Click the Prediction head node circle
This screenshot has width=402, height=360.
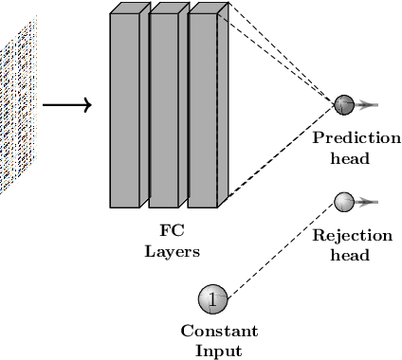[x=343, y=104]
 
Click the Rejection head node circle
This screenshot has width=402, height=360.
[x=343, y=201]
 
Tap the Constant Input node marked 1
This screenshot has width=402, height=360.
[x=212, y=299]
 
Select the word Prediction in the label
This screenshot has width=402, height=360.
[x=356, y=138]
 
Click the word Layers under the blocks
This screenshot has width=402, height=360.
[x=173, y=250]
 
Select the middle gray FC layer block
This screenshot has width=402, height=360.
[x=163, y=110]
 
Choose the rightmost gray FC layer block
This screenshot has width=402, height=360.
[x=202, y=110]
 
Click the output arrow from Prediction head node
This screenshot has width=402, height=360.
[x=368, y=104]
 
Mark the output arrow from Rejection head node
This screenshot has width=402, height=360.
[x=368, y=201]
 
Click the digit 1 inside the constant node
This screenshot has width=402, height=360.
[x=212, y=299]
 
